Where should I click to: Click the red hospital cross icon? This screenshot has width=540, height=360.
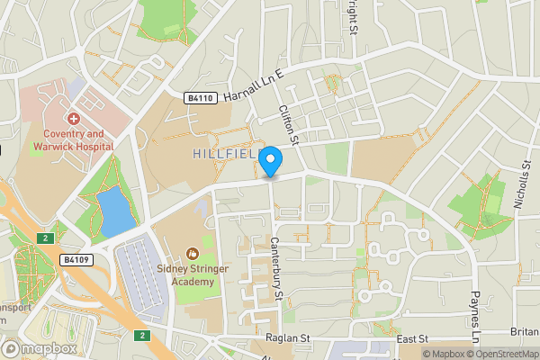[73, 118]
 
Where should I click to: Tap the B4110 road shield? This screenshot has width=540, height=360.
[201, 98]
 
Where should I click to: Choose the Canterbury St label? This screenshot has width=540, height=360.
[277, 268]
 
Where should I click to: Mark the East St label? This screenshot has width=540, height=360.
[410, 339]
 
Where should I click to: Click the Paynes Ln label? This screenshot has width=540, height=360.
[476, 310]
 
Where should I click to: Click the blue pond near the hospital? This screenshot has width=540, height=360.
[114, 212]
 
